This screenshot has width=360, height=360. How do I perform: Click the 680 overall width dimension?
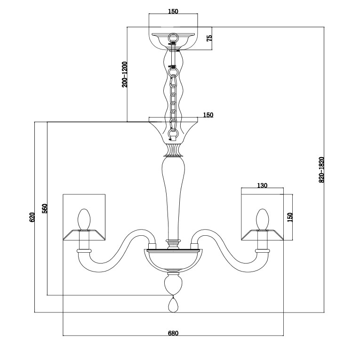click(173, 333)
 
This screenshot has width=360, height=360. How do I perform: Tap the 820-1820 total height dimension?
click(322, 169)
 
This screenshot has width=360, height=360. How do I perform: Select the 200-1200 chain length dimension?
click(124, 74)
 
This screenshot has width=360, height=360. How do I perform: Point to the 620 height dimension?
click(32, 216)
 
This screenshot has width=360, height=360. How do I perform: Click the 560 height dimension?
click(45, 208)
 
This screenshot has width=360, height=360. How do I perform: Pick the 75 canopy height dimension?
click(210, 38)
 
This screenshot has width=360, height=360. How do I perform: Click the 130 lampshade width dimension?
click(262, 185)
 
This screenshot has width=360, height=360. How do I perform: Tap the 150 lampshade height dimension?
click(290, 217)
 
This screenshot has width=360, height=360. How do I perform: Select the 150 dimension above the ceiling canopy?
click(173, 11)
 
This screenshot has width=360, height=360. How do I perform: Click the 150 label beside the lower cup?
click(208, 115)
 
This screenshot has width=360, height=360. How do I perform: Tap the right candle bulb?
click(262, 219)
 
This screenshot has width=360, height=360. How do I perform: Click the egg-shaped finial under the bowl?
click(173, 284)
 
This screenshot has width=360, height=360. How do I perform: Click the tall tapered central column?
click(173, 198)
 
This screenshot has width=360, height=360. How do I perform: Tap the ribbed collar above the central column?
click(173, 150)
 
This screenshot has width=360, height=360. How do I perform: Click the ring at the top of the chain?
click(173, 37)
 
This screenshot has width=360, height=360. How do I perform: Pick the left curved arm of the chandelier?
click(118, 254)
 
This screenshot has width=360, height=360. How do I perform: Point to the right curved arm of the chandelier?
click(228, 254)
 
